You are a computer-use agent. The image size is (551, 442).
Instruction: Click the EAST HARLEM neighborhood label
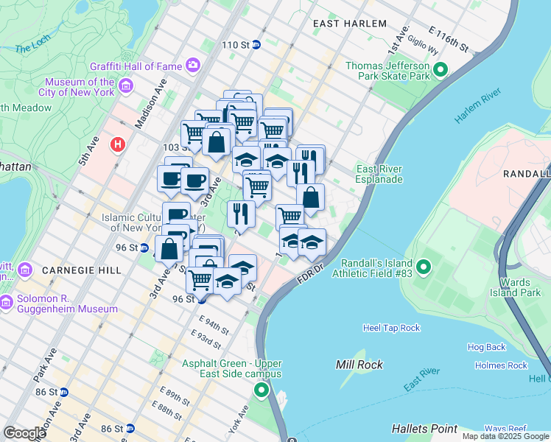349,24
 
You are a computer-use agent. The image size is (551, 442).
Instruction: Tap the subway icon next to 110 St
256,45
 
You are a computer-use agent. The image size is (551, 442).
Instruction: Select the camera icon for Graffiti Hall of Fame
193,66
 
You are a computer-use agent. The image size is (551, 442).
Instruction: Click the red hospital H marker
116,145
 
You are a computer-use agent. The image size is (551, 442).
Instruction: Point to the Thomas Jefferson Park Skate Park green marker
441,71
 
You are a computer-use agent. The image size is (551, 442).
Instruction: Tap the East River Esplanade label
379,174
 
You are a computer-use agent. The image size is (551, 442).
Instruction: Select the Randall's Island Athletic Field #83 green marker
424,266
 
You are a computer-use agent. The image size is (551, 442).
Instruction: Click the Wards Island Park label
520,287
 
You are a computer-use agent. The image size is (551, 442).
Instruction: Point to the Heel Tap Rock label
391,328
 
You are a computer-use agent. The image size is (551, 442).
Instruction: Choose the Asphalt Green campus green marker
262,390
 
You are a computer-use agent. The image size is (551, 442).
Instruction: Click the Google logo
24,433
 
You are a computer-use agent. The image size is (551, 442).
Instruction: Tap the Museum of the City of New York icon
125,88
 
